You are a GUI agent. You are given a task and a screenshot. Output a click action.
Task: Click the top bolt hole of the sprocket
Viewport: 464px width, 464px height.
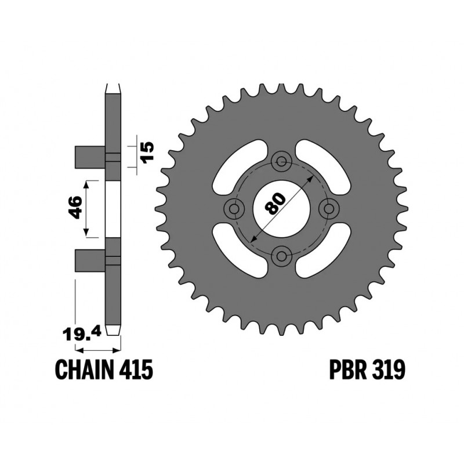[282, 161]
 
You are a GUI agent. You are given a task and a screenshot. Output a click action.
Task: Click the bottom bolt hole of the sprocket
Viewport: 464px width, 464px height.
[281, 255]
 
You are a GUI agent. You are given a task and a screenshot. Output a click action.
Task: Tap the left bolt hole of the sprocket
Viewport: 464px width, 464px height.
[235, 209]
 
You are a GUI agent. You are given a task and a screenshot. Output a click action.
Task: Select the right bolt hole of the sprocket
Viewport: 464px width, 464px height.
[329, 209]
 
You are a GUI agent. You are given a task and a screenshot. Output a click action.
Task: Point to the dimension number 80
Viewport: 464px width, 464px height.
[274, 204]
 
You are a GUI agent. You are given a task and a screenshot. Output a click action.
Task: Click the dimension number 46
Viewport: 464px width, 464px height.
[74, 207]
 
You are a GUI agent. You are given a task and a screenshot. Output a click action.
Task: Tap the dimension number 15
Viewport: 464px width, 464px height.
[148, 151]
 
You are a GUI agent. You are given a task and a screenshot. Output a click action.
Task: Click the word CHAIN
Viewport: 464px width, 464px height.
[85, 369]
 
